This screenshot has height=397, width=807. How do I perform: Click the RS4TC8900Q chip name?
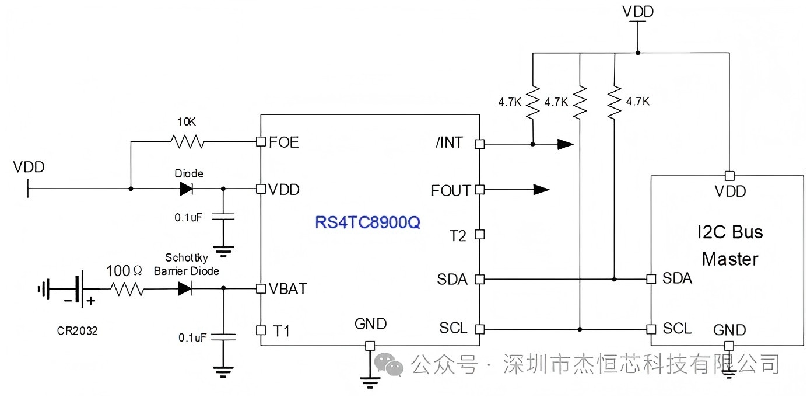click(367, 222)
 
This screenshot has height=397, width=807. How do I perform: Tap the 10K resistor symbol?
click(187, 142)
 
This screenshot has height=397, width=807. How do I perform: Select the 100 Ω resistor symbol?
click(127, 289)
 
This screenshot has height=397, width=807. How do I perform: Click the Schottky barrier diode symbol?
click(185, 288)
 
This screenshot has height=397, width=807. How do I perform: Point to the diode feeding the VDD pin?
click(186, 189)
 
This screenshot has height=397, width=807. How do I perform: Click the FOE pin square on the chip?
click(261, 142)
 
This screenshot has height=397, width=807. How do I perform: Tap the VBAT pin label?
click(288, 289)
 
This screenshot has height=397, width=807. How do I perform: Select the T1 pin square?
click(261, 330)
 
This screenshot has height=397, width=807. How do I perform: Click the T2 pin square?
click(479, 235)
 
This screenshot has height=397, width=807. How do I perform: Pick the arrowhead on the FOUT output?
click(542, 190)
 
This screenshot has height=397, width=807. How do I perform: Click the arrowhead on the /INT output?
click(566, 144)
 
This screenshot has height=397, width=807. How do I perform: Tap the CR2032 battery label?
click(77, 331)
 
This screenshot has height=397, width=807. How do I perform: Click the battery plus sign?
click(91, 301)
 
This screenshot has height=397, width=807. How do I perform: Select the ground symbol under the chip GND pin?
click(370, 382)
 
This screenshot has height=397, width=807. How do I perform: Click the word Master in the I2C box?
click(730, 259)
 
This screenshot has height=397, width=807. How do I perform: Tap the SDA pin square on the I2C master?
click(651, 279)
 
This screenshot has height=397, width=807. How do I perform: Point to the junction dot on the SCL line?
click(580, 329)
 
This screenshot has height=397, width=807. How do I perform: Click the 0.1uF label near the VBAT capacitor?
click(192, 338)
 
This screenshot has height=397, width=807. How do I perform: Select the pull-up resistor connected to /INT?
click(533, 102)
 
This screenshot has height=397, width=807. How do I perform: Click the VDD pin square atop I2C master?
click(729, 176)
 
